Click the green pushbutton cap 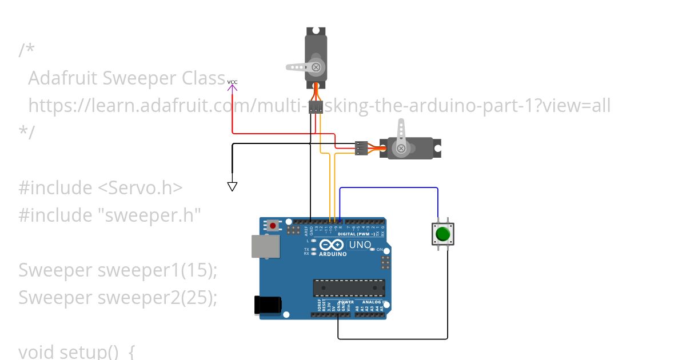tap(442, 234)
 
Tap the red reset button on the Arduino tap(273, 226)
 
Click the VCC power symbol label tap(232, 82)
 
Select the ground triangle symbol tap(232, 186)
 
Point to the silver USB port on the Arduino tap(265, 246)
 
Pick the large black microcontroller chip tap(349, 289)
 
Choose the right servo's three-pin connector tap(361, 148)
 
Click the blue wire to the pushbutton tap(389, 187)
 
